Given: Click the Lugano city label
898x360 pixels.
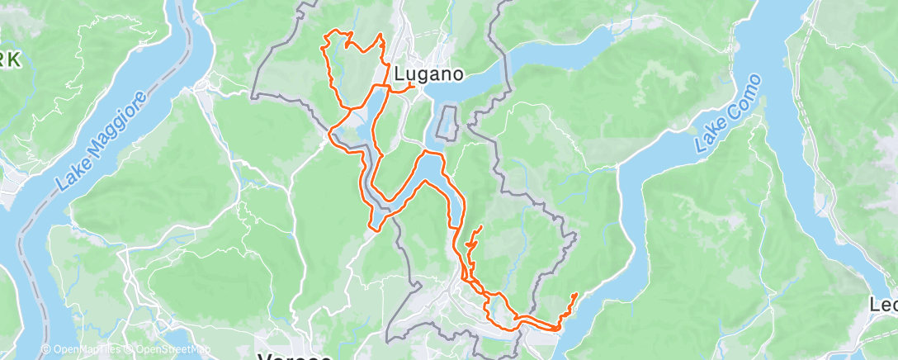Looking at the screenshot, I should click(428, 73).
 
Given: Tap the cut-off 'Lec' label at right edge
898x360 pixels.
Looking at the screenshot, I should click(883, 305).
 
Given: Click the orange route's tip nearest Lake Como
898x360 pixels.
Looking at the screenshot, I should click(574, 295).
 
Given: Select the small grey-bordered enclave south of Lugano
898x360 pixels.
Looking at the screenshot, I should click(447, 122).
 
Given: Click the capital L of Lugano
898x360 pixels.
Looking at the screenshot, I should click(399, 73).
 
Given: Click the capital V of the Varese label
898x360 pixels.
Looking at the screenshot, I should click(267, 356).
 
